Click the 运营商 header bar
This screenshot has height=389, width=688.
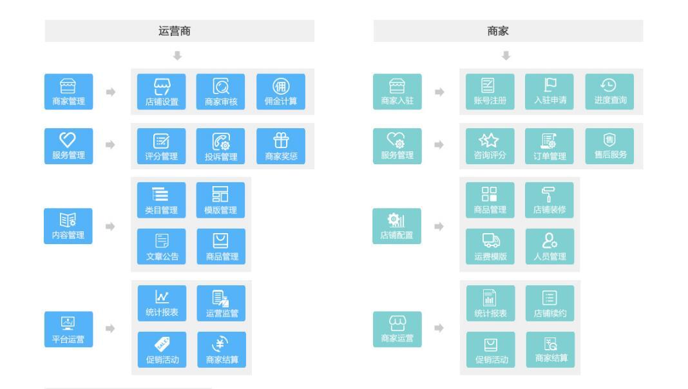point(179,31)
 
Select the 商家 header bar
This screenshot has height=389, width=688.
point(508,31)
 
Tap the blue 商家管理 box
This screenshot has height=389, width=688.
point(68,91)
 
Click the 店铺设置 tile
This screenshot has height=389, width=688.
point(162,91)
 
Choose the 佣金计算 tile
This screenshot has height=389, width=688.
point(281,91)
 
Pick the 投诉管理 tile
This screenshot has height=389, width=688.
point(221,146)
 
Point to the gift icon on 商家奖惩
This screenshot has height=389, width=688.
point(281,140)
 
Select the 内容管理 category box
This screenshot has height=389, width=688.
point(68,226)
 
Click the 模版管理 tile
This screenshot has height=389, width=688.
point(221,200)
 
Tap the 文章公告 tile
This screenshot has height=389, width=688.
point(162,247)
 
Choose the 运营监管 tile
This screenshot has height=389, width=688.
point(221,303)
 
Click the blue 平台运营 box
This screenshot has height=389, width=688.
point(68,329)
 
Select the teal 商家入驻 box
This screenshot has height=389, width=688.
point(397,91)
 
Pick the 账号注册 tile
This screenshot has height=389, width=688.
point(490,91)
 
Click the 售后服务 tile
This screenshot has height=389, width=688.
point(609,146)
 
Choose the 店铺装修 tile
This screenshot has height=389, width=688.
point(549,200)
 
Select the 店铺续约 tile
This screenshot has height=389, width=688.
point(549,303)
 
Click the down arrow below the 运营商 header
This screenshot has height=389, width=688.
point(178,56)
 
